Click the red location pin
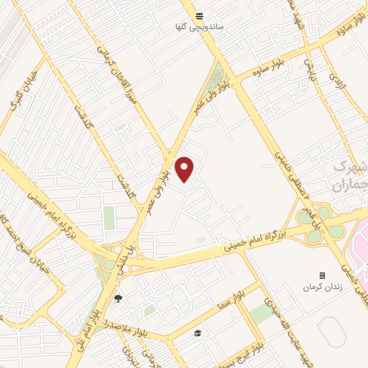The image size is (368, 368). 185,169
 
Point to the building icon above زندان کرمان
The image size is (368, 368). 321,276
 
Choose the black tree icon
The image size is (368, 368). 119,298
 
